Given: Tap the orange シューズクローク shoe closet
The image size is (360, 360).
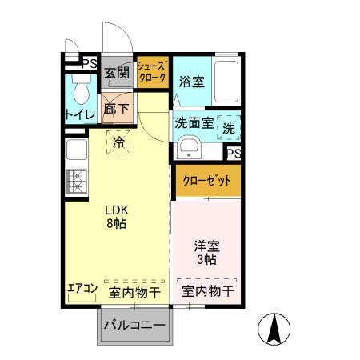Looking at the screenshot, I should coord(151,72).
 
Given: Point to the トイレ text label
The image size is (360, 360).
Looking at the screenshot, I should coord(80,114).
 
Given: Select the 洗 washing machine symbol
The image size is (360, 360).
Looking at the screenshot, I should coord(229,127).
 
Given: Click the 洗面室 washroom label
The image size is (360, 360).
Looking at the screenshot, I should coord(194,124).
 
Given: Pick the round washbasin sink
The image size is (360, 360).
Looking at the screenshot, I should coord(190,148).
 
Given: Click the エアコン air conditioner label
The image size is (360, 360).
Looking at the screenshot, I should coord(82,288).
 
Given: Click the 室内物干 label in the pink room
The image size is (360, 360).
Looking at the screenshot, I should coord(207,292).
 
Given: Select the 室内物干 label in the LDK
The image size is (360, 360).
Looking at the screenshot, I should coord(134,293).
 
